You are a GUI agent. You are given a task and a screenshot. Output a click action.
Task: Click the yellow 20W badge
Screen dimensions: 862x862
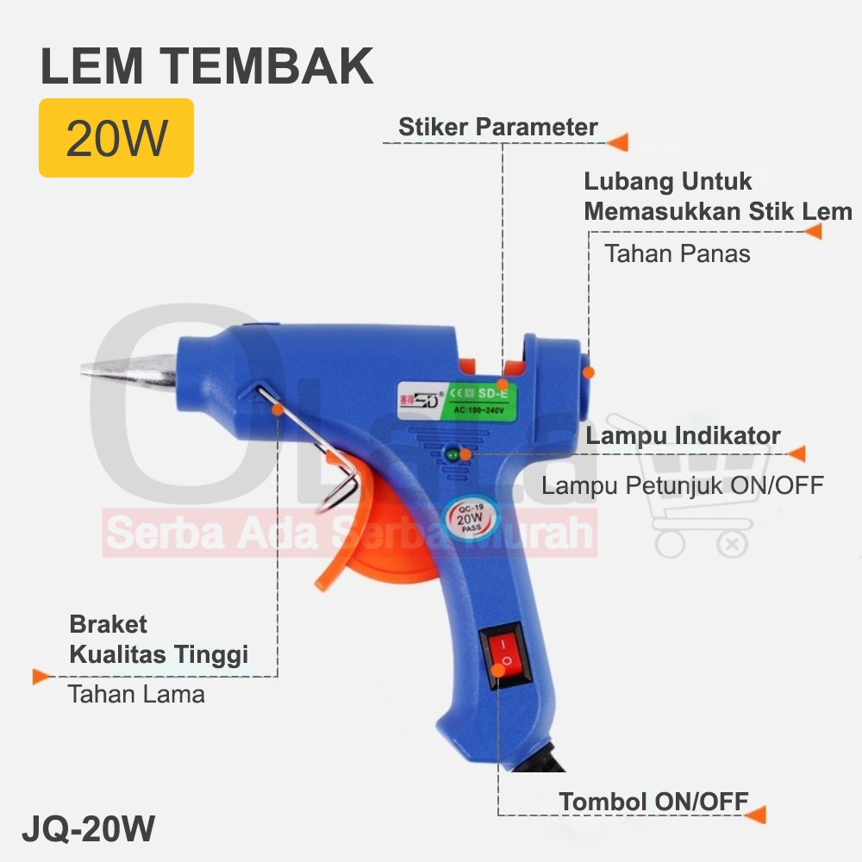pos(116,138)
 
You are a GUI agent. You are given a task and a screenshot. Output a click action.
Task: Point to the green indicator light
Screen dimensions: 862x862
pos(453,453)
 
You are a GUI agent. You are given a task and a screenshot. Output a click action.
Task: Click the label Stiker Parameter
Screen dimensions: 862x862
pos(497,127)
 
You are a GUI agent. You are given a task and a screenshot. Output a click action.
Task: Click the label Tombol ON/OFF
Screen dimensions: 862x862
pos(653,801)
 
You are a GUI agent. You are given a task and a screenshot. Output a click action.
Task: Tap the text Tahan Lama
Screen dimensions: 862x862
pos(136,694)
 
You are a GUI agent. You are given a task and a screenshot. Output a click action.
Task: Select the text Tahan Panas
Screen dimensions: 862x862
pos(677,253)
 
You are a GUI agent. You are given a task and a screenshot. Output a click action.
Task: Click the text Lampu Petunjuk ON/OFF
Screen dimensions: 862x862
pos(682,485)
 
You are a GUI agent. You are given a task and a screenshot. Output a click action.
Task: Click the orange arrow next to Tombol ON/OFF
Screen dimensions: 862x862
pos(755,815)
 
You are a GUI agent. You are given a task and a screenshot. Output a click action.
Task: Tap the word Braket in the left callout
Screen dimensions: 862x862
pos(108,624)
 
